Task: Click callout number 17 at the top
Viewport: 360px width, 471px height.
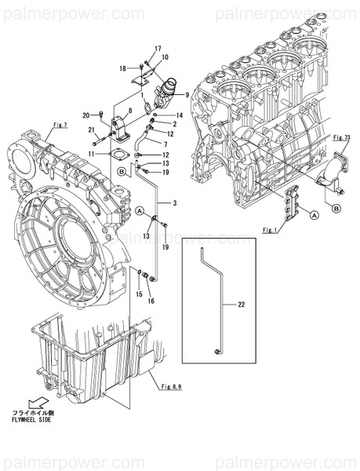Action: click(157, 49)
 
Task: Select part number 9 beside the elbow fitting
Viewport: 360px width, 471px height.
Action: click(187, 95)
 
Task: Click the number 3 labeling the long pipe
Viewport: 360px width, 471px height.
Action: click(174, 204)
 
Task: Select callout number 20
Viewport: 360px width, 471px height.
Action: click(87, 114)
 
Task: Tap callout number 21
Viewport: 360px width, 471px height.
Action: click(92, 130)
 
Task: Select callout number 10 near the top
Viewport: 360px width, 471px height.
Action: click(165, 58)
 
